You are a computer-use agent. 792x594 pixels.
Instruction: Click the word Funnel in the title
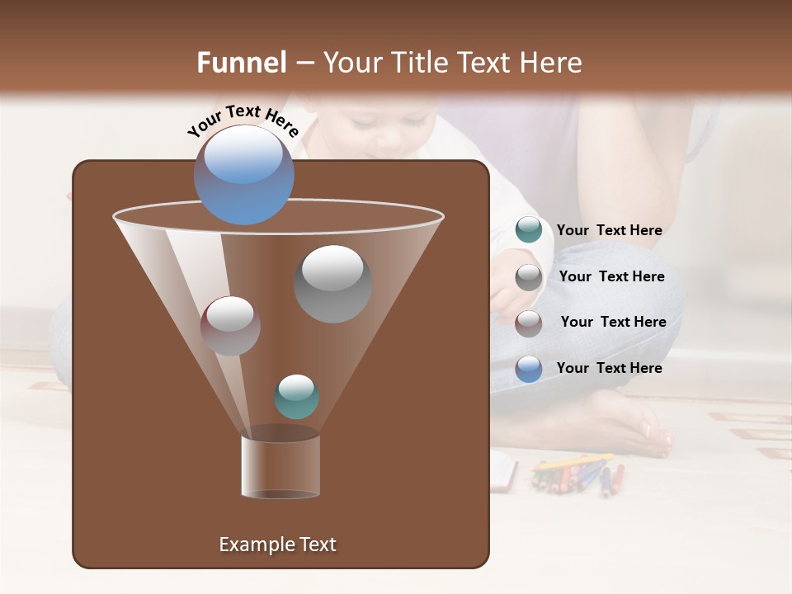coord(241,63)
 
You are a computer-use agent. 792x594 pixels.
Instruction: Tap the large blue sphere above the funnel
coord(243,174)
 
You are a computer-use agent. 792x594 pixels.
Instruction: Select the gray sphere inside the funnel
coord(332,283)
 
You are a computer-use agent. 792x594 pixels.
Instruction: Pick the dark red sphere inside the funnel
coord(230,325)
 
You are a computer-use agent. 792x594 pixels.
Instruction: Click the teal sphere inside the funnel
coord(296,396)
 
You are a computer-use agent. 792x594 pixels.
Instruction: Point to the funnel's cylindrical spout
coord(280,466)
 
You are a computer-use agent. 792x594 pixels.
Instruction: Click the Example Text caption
coord(277,544)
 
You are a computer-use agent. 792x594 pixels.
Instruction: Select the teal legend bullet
coord(529,230)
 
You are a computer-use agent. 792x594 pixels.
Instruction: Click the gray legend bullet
coord(529,277)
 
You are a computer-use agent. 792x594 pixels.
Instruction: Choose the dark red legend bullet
coord(529,323)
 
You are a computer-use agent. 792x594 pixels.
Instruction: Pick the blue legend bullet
coord(529,369)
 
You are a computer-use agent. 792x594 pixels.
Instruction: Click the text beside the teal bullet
coord(609,231)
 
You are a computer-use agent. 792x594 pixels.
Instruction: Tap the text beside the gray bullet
coord(611,277)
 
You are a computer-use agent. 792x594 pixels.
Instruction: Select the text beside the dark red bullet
coord(613,323)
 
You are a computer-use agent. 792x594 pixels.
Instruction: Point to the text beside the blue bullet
coord(609,369)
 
